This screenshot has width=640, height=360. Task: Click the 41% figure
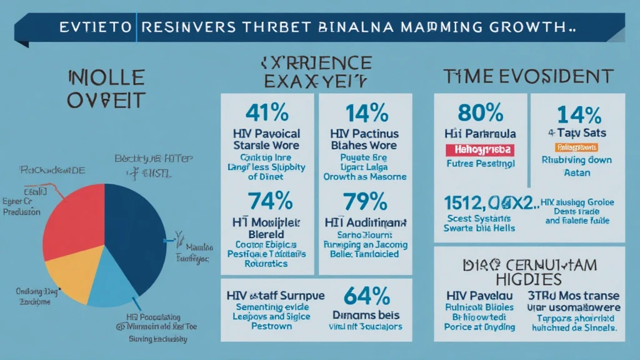pos(267,112)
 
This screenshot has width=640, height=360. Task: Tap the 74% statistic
pos(270,201)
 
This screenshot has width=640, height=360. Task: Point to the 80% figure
pos(480,112)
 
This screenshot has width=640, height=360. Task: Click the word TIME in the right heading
pos(466,77)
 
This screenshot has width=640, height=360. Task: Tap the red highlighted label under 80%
pos(480,150)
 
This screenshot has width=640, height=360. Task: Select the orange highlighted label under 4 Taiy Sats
pos(576,147)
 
